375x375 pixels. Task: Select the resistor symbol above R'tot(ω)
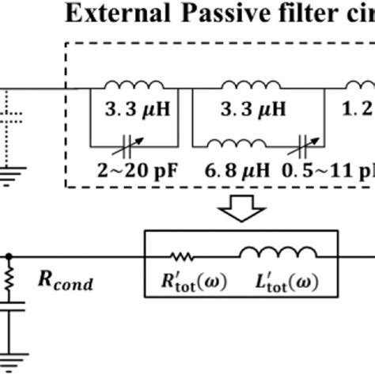click(183, 256)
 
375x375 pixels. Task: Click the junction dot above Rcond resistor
click(9, 256)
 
